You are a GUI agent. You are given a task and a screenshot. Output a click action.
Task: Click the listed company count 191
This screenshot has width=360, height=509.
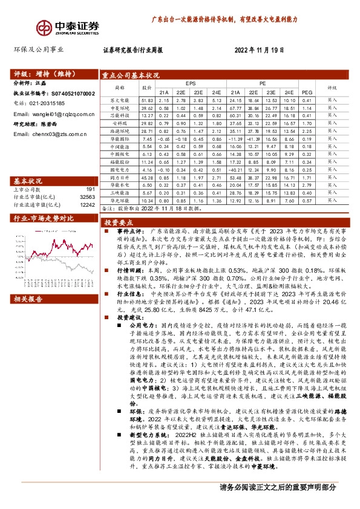coord(90,189)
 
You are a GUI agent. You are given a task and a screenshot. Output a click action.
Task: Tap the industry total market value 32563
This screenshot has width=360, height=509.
coord(88,196)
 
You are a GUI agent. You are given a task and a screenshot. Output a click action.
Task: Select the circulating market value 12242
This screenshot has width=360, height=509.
coord(88,204)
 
